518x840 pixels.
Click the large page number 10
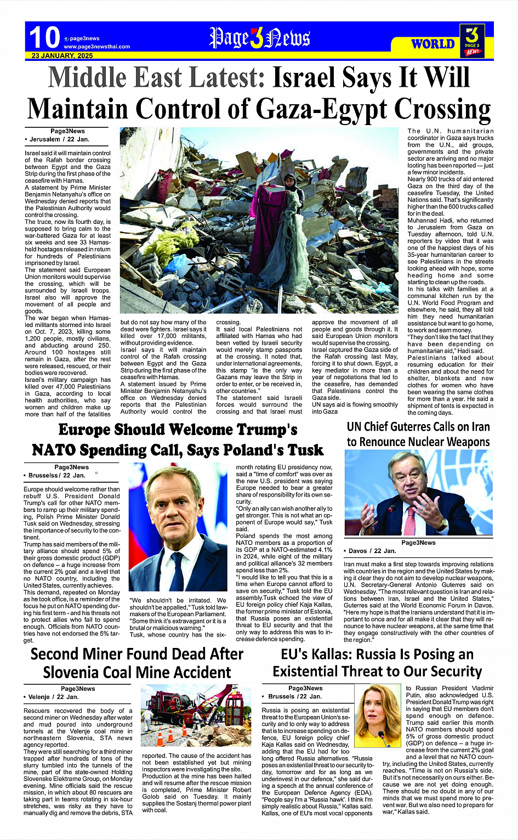coord(44,38)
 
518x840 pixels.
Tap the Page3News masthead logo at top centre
coord(259,38)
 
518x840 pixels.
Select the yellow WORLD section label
coord(432,44)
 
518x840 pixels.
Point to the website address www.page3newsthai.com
coord(96,47)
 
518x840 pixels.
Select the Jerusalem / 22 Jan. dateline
coord(58,139)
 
